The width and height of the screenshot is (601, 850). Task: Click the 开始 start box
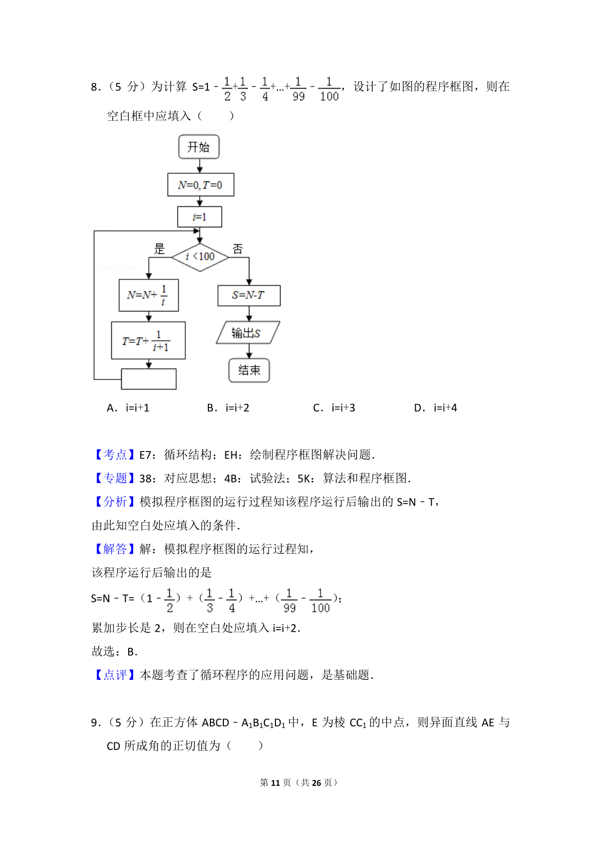[199, 147]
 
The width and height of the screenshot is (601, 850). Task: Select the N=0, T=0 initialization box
[201, 185]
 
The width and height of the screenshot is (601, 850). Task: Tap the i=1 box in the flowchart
[200, 217]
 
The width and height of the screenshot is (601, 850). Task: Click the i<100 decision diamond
[200, 257]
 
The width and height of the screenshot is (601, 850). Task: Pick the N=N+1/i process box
[148, 295]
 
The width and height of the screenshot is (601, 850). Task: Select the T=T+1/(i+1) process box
[148, 340]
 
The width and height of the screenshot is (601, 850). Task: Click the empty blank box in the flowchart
[148, 379]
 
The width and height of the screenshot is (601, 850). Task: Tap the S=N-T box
[249, 296]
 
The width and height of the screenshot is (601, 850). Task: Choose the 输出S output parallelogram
[248, 333]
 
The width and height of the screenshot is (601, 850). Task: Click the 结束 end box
[249, 370]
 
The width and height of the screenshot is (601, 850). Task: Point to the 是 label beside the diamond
[159, 249]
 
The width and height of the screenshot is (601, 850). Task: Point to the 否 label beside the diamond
[238, 249]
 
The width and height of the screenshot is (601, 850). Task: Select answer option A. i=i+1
[128, 408]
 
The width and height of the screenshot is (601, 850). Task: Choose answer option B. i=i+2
[228, 408]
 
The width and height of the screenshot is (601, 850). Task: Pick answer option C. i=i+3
[334, 408]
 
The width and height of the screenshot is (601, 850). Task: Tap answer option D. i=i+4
[435, 408]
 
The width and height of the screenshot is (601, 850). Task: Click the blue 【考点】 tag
[115, 455]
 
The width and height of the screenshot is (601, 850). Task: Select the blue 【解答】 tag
[115, 549]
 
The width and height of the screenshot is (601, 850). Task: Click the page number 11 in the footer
[275, 783]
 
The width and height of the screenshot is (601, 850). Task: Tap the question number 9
[95, 722]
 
